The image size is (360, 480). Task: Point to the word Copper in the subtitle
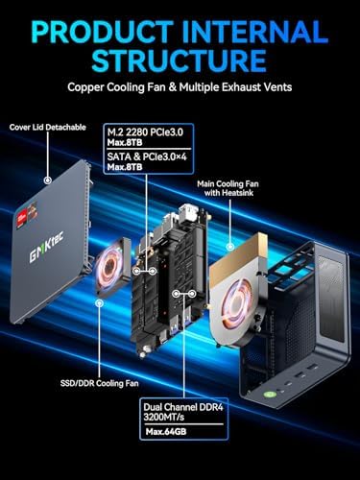pos(91,87)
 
